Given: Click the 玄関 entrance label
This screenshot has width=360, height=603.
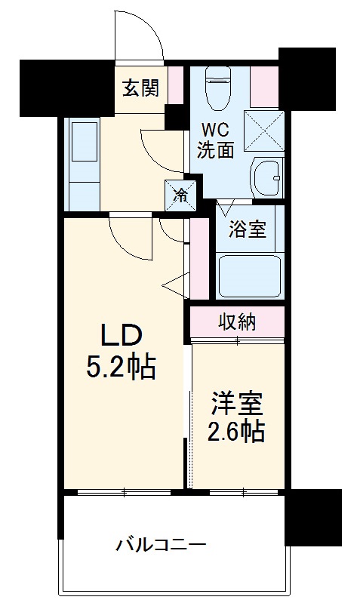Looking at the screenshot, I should [x=141, y=88].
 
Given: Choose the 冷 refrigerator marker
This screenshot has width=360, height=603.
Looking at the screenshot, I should [x=181, y=195].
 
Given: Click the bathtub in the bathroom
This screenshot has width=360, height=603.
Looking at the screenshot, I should [x=249, y=276].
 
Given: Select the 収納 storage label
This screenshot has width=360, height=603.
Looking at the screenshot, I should [x=237, y=322].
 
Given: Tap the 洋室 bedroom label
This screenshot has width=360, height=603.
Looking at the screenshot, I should [x=237, y=404].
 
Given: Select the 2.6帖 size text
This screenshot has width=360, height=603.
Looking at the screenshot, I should [x=237, y=432].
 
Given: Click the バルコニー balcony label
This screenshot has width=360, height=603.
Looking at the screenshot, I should [x=161, y=543].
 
